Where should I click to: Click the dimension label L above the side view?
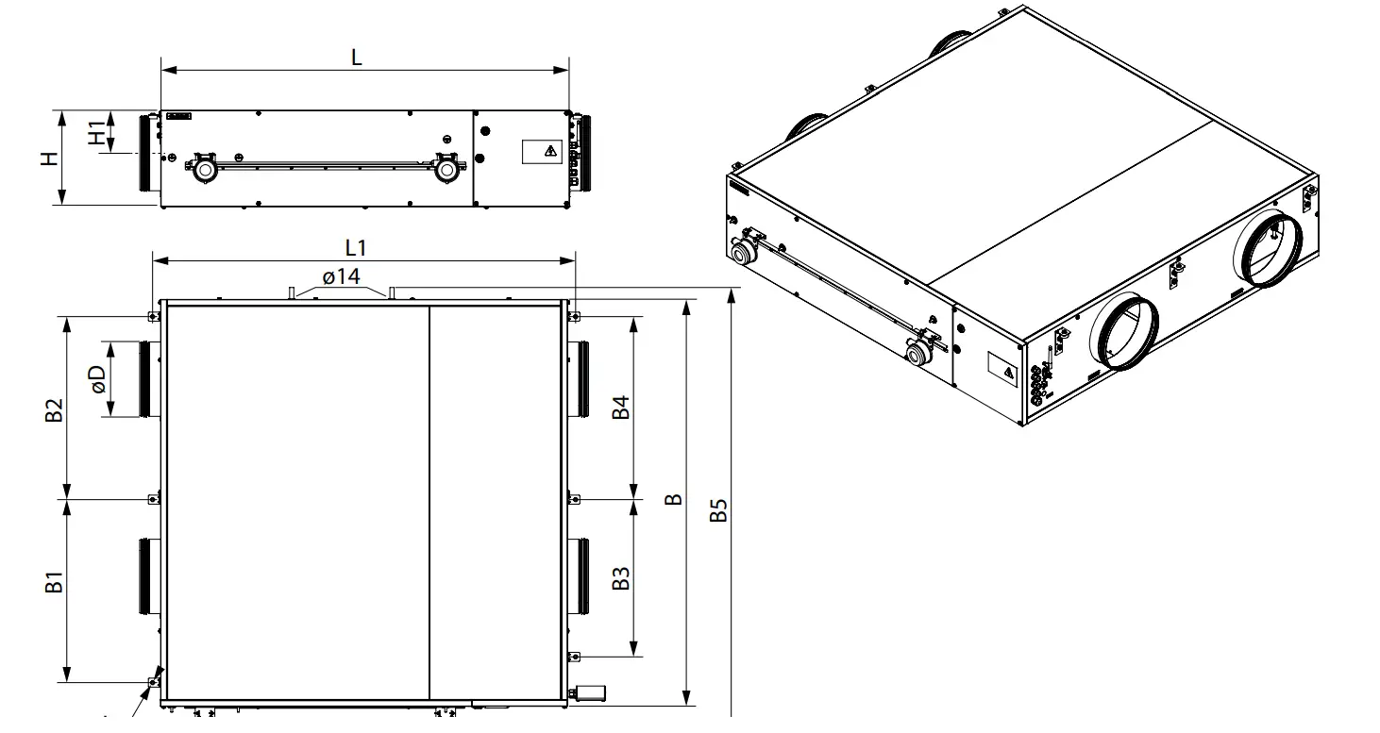[356, 58]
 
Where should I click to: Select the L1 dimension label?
[356, 247]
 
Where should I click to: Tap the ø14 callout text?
[342, 276]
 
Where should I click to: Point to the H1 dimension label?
[96, 133]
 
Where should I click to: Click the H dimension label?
[49, 158]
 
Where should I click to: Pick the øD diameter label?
[98, 379]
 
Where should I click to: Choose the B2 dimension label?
[54, 410]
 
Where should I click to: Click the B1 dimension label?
[54, 582]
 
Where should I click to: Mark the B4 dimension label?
[621, 408]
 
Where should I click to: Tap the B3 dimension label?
[621, 578]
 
